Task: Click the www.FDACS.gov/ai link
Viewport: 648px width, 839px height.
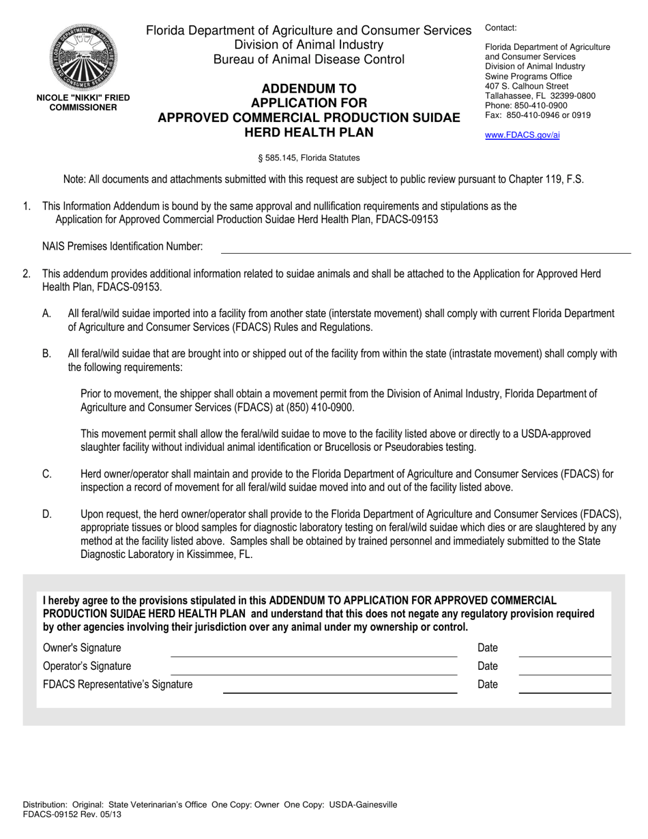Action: pyautogui.click(x=522, y=135)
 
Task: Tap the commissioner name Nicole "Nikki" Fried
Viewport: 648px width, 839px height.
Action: pyautogui.click(x=83, y=98)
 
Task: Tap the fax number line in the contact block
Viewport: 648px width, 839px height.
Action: pyautogui.click(x=537, y=115)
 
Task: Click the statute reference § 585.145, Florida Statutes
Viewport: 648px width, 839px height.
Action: pyautogui.click(x=308, y=158)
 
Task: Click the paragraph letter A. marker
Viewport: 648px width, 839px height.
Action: pyautogui.click(x=46, y=314)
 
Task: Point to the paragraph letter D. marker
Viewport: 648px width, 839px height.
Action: pyautogui.click(x=46, y=514)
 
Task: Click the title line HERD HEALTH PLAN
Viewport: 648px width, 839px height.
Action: pyautogui.click(x=309, y=132)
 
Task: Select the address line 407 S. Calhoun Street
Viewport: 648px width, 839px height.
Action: pyautogui.click(x=526, y=87)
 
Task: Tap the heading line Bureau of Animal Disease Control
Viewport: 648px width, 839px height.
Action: pyautogui.click(x=309, y=59)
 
